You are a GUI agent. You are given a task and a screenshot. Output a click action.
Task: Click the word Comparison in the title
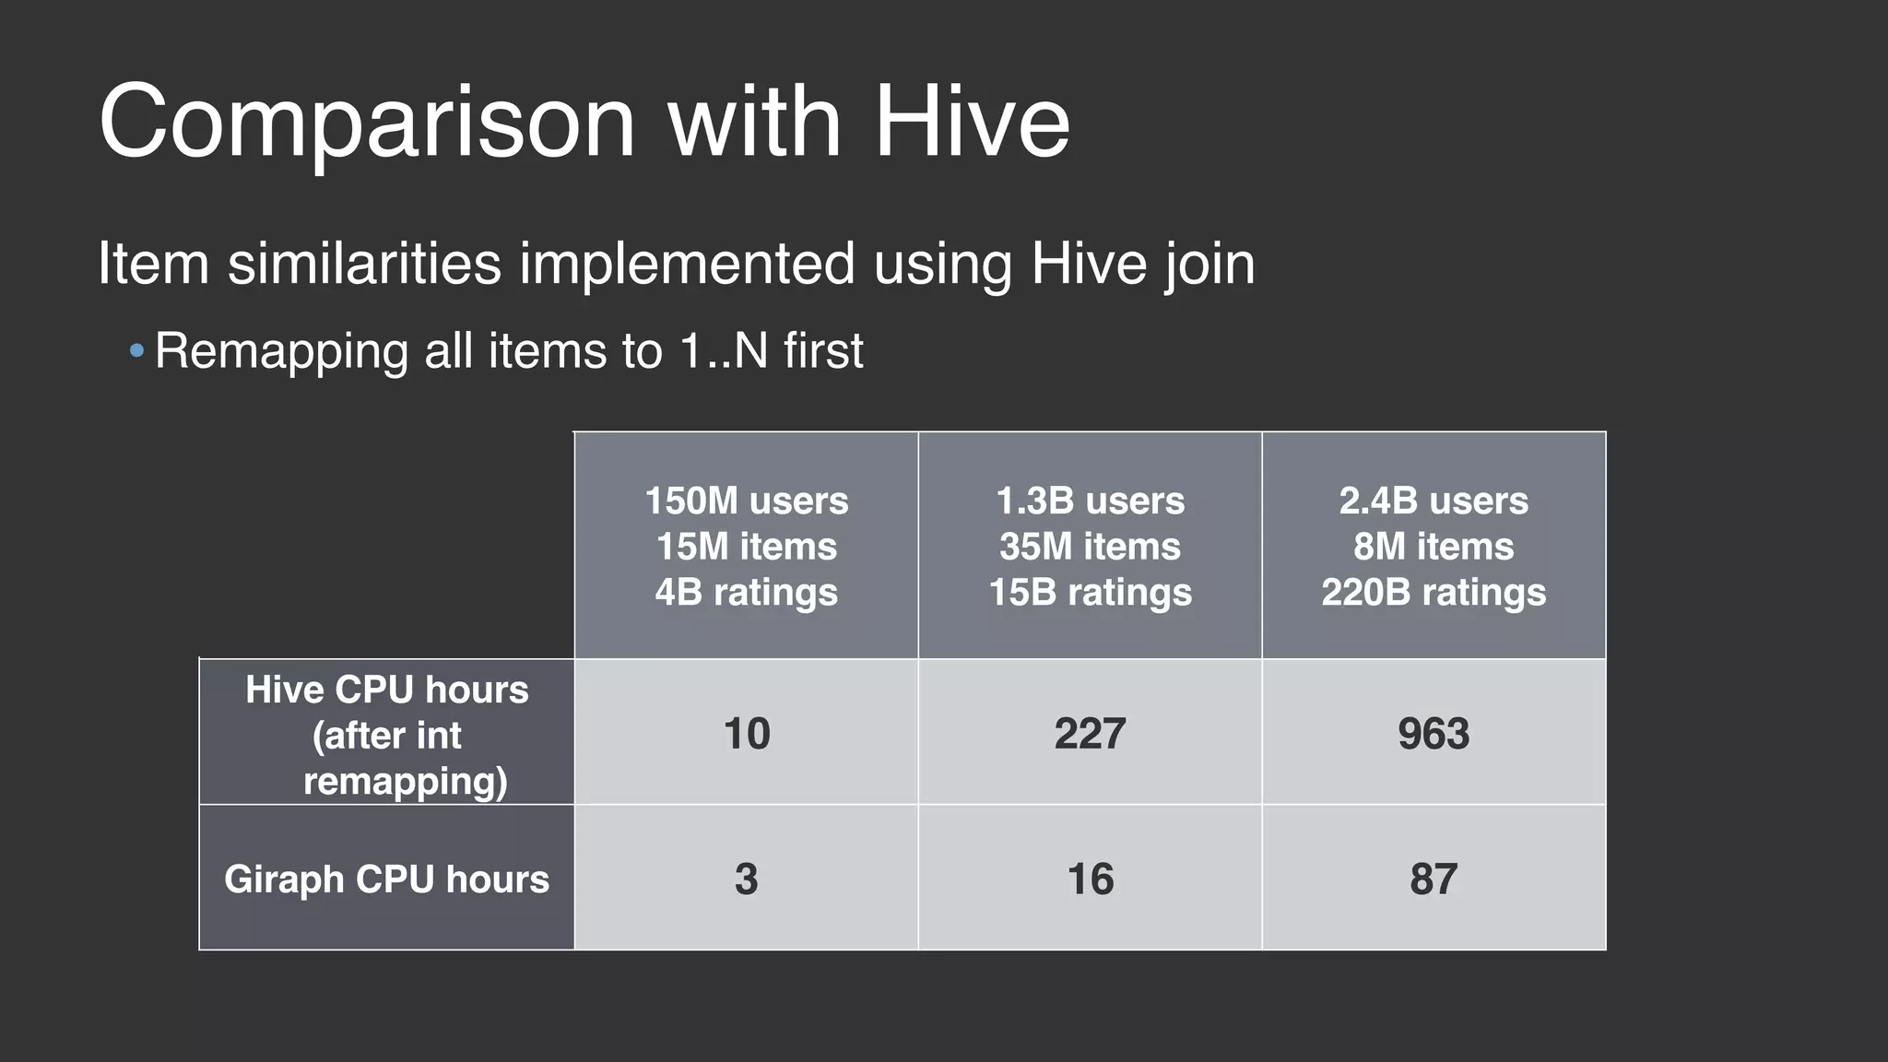coord(367,123)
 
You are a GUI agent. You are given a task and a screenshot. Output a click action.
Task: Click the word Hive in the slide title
coord(972,121)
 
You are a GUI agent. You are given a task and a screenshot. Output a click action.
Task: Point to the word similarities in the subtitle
coord(364,264)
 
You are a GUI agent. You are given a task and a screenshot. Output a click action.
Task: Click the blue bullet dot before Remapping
coord(137,351)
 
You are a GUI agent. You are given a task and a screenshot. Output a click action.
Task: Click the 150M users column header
coord(746,501)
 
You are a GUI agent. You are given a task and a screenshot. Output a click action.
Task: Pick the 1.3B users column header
coord(1090,501)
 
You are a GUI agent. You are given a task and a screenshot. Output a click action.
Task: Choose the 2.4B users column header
coord(1434,501)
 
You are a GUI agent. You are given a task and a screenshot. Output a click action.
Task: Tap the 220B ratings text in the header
coord(1434,592)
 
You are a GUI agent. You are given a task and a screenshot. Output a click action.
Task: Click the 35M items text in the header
coord(1090,547)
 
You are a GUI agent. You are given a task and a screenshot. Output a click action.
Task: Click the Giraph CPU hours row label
coord(387,879)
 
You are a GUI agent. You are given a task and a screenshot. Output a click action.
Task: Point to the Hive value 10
coord(746,734)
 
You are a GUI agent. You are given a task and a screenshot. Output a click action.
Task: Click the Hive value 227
coord(1090,734)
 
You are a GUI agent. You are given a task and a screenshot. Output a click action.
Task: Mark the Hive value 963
coord(1434,734)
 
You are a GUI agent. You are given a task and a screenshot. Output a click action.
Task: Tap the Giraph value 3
coord(746,879)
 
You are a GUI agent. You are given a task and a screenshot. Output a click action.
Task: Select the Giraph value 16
coord(1090,879)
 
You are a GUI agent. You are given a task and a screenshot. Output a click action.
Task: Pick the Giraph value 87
coord(1434,879)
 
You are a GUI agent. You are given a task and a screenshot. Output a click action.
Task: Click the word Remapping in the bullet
coord(281,351)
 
